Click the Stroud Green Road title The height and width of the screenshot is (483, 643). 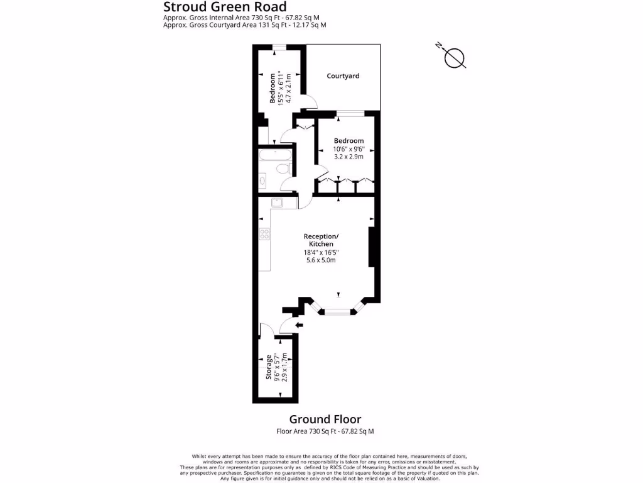[x=224, y=7]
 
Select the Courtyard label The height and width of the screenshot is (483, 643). [x=343, y=76]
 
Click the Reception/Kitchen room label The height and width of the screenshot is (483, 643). [x=321, y=240]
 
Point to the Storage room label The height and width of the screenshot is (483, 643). [x=269, y=367]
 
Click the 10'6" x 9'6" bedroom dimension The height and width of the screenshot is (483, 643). [x=349, y=149]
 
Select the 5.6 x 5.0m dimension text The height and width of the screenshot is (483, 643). [x=321, y=260]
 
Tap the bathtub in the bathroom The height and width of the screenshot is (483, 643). [x=274, y=155]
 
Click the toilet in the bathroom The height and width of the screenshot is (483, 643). [x=283, y=169]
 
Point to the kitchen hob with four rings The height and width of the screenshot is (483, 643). [x=265, y=235]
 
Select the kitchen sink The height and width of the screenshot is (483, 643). [x=276, y=203]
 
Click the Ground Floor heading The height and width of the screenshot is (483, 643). [x=325, y=419]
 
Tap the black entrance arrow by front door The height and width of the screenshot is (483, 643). [x=299, y=325]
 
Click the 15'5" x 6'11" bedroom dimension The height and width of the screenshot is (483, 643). [x=280, y=88]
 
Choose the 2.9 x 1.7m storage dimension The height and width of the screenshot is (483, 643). [x=284, y=367]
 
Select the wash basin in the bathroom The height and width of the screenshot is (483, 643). [x=263, y=181]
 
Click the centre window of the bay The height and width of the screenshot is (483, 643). [x=338, y=311]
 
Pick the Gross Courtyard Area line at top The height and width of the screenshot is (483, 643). [x=244, y=25]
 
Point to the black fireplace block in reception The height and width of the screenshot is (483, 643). [x=371, y=248]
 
